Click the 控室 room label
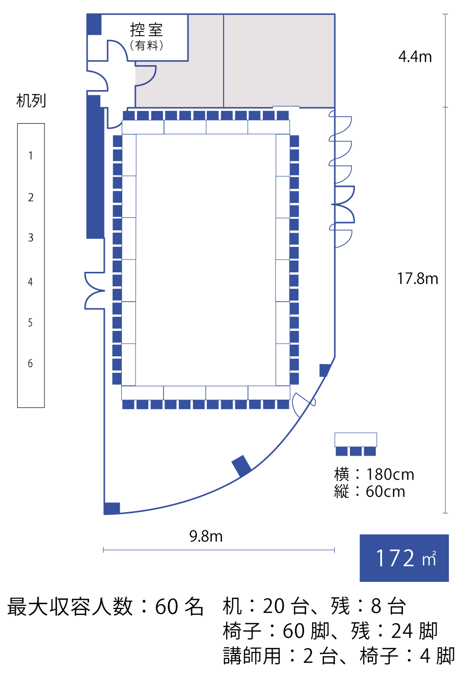point(146,30)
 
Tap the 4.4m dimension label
point(415,57)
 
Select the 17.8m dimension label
point(418,278)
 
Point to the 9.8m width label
point(206,536)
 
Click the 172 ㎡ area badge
point(404,558)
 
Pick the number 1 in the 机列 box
point(31,156)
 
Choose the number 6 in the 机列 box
point(30,363)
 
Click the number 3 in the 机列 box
point(31,238)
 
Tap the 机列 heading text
point(31,100)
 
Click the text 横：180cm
point(374,474)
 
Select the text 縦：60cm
point(370,492)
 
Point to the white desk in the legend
point(356,439)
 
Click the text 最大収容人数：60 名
point(105,606)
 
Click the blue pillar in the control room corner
point(94,24)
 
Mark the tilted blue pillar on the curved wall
point(241,466)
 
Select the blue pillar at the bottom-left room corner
point(112,509)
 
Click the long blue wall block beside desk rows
point(95,167)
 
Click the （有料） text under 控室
point(146,45)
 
